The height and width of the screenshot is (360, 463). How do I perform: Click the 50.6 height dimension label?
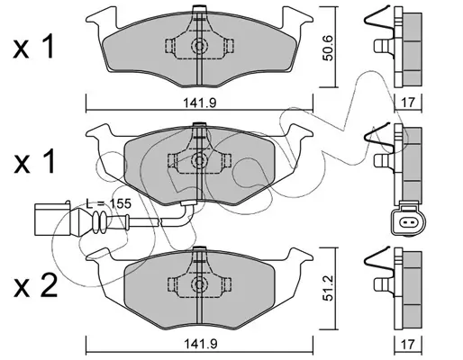click(329, 48)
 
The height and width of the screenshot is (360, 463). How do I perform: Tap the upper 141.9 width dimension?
click(200, 103)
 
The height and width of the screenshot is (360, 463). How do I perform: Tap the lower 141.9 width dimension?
click(200, 344)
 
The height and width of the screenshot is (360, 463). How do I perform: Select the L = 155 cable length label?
click(109, 203)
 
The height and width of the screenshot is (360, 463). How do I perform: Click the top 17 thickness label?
click(407, 103)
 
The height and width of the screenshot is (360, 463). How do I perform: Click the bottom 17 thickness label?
click(407, 344)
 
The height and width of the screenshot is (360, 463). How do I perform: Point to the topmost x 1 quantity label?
click(33, 47)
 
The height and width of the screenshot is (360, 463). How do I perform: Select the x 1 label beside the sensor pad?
click(34, 162)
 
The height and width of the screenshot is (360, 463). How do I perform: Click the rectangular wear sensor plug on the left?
click(52, 219)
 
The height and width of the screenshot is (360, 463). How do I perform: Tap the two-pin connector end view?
click(408, 219)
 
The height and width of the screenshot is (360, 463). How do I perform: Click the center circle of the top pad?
click(199, 46)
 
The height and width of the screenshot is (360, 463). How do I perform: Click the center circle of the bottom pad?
click(199, 283)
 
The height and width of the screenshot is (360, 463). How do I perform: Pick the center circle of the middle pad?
click(199, 160)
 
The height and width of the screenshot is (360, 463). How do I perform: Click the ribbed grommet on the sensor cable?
click(99, 222)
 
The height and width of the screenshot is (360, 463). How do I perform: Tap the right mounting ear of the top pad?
click(296, 19)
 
